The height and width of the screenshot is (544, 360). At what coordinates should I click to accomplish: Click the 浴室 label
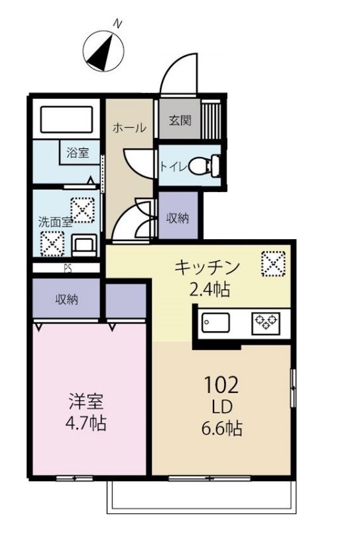pyautogui.click(x=78, y=152)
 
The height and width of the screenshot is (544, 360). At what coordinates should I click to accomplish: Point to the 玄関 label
pyautogui.click(x=180, y=121)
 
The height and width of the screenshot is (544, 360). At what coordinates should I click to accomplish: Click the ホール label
pyautogui.click(x=129, y=128)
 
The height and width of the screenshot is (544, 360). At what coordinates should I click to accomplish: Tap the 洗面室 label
pyautogui.click(x=54, y=223)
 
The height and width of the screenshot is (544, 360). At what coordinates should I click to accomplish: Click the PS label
pyautogui.click(x=68, y=269)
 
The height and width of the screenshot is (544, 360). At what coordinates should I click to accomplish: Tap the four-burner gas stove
pyautogui.click(x=266, y=323)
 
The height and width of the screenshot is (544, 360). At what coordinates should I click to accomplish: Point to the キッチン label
pyautogui.click(x=206, y=268)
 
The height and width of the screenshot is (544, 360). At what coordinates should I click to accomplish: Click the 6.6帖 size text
pyautogui.click(x=221, y=429)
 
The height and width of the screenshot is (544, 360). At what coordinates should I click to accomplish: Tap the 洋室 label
pyautogui.click(x=86, y=402)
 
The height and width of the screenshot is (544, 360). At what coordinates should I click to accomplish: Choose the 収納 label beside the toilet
pyautogui.click(x=178, y=218)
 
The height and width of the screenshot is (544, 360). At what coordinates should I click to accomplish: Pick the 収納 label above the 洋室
pyautogui.click(x=67, y=299)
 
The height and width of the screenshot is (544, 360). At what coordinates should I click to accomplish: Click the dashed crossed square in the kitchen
pyautogui.click(x=272, y=263)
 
